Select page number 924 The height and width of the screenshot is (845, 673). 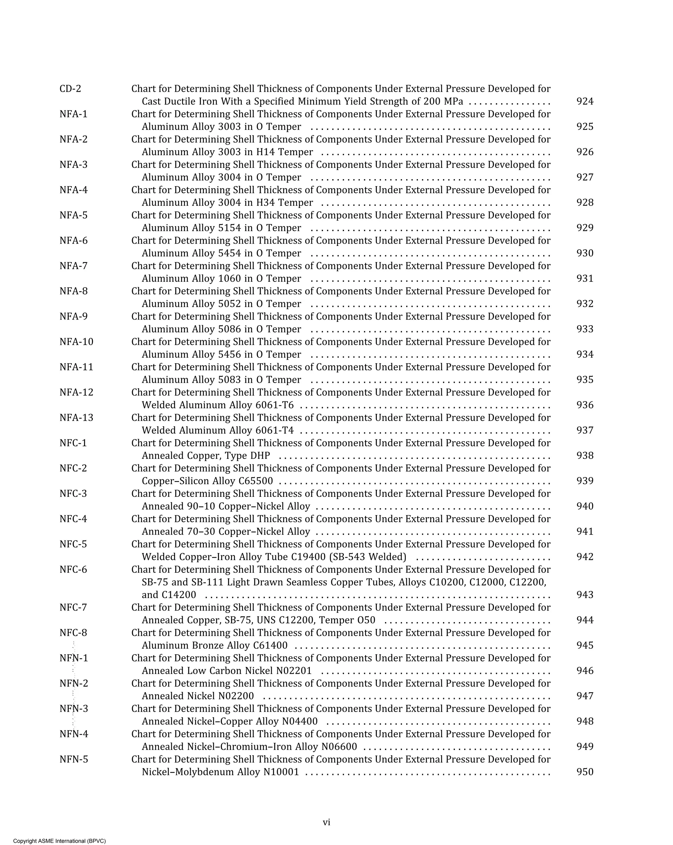coord(585,102)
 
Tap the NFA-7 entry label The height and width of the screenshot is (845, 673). coord(73,266)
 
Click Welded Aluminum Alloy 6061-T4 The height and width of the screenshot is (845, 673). coord(218,430)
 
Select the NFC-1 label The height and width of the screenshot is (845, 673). coord(73,443)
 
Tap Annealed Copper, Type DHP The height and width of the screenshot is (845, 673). coord(206,456)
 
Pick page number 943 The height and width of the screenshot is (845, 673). coord(585,595)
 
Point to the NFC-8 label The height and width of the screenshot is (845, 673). coord(73,633)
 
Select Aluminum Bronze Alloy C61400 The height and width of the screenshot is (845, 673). coord(214,645)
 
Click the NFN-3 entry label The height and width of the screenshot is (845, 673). coord(73,709)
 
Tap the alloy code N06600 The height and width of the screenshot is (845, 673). coord(339,747)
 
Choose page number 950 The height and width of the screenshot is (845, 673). coord(585,772)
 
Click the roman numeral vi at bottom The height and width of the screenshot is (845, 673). coord(326,823)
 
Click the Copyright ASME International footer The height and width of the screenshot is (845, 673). coord(59,841)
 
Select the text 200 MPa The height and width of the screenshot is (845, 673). coord(443,102)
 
